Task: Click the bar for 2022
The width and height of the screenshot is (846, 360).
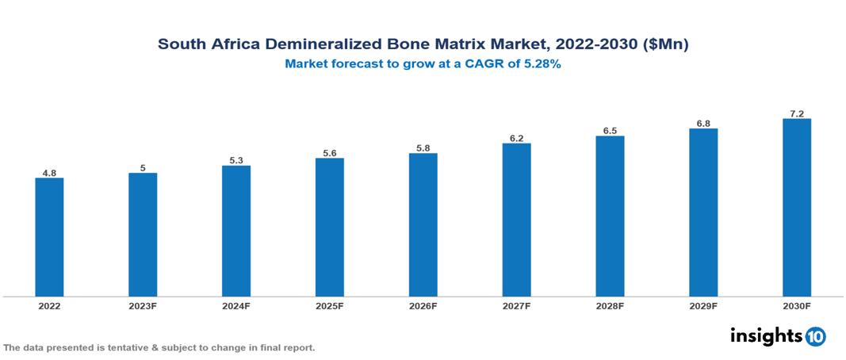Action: pyautogui.click(x=49, y=237)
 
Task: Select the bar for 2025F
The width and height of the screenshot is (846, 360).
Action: pyautogui.click(x=329, y=228)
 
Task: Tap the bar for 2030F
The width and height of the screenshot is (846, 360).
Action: pyautogui.click(x=796, y=208)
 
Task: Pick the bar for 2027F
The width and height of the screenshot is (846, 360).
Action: pyautogui.click(x=516, y=220)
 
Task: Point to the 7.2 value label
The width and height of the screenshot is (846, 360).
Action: pyautogui.click(x=797, y=113)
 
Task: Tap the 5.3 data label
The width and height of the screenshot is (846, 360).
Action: pyautogui.click(x=236, y=160)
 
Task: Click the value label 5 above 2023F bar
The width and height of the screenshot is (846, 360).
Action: pyautogui.click(x=143, y=167)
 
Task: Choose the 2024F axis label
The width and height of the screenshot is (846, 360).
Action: pyautogui.click(x=236, y=306)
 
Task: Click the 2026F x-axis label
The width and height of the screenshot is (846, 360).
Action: pyautogui.click(x=423, y=306)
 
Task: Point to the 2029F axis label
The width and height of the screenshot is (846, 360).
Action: pyautogui.click(x=703, y=306)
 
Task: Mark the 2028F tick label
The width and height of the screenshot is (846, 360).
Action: pyautogui.click(x=610, y=306)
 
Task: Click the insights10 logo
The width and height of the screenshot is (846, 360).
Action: pyautogui.click(x=777, y=336)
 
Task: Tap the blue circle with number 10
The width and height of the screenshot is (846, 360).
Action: pyautogui.click(x=815, y=337)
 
